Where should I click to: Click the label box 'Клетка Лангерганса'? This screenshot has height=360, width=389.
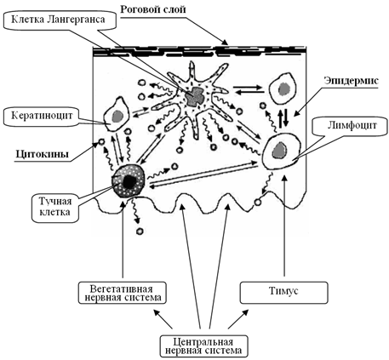pos(60,20)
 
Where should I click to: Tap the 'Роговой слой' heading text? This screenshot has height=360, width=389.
pos(153,9)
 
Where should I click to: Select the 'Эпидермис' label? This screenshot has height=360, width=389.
pos(352,81)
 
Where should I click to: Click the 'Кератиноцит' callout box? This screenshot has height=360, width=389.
pos(42,116)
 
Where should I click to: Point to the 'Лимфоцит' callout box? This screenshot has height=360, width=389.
pos(352,125)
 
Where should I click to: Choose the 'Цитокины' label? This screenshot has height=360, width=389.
pos(43,154)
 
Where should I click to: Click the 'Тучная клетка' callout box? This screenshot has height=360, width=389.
pos(55,207)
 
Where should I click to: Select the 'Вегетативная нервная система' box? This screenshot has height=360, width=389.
pos(123,293)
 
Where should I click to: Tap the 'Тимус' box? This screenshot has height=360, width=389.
pos(283,292)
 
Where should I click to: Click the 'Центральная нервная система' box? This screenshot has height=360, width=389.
pos(203,346)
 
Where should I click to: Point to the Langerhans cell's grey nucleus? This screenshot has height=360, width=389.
pos(195,96)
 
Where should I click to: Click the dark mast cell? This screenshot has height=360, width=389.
pos(129,180)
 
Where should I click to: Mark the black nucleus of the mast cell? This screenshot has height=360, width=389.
pos(129,181)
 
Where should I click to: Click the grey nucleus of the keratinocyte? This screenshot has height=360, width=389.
pos(117,116)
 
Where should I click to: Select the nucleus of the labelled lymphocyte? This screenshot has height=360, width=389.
pos(279,150)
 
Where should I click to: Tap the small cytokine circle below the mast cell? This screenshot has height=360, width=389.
pos(140,231)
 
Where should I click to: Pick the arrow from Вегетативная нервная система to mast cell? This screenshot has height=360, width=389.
pos(123,239)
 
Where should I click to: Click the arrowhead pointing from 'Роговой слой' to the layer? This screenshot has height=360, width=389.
pos(224,43)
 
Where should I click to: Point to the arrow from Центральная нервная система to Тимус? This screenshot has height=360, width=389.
pos(237,319)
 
